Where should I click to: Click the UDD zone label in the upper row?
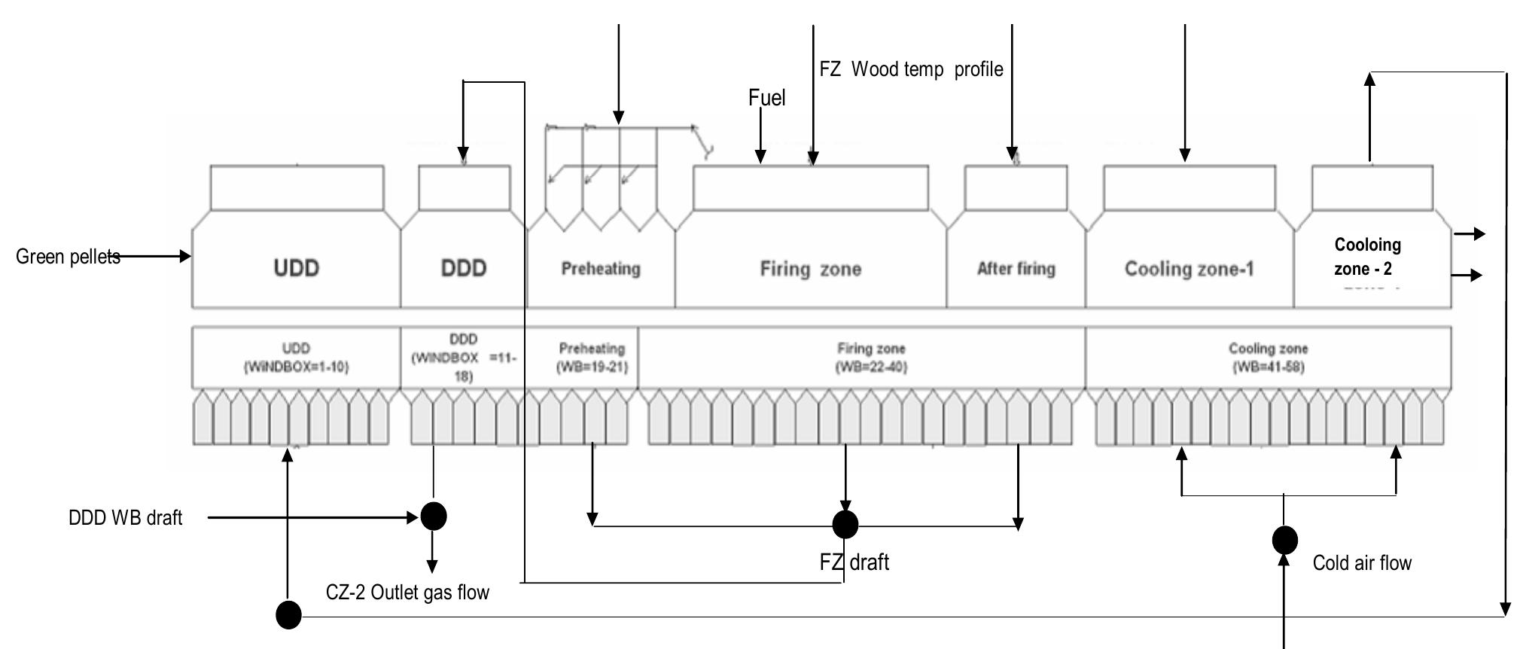click(296, 268)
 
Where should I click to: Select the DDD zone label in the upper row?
click(463, 268)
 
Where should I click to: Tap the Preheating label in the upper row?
click(600, 269)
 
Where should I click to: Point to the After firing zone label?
click(1016, 269)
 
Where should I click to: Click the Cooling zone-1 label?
click(1189, 269)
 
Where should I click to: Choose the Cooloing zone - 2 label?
click(1366, 257)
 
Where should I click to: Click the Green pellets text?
click(68, 257)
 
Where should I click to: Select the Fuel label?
click(766, 98)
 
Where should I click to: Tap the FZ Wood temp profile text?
click(911, 69)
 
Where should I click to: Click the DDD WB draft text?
click(125, 518)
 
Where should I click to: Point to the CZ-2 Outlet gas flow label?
click(407, 593)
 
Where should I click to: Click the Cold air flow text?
click(1361, 563)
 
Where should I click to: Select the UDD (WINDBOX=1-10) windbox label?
click(296, 358)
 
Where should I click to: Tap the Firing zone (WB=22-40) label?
click(871, 358)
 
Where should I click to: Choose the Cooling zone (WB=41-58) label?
click(1268, 358)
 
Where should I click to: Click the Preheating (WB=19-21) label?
click(592, 358)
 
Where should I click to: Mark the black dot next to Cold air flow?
click(1284, 540)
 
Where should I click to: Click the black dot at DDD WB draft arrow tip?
click(433, 516)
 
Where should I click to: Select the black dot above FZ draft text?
click(845, 524)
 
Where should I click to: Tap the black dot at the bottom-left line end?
click(288, 615)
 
